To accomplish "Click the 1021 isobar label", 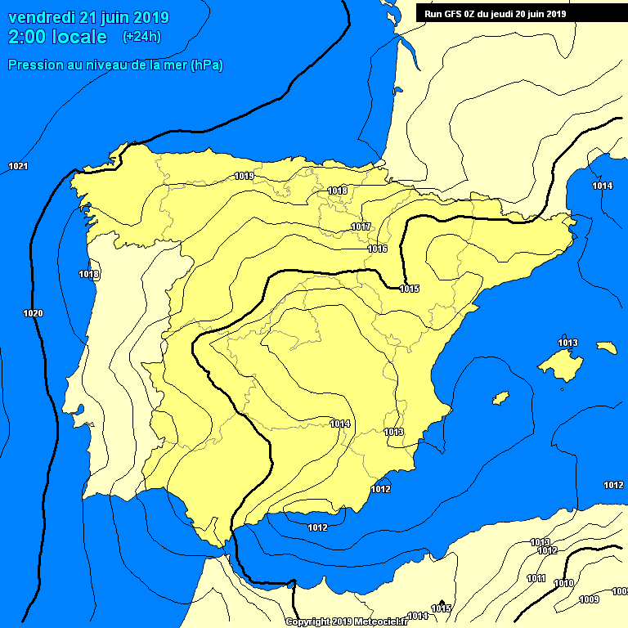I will [x=18, y=167].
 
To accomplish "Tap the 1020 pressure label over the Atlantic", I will [x=33, y=314].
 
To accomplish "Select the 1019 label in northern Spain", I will [x=244, y=176].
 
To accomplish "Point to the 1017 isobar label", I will [x=361, y=227].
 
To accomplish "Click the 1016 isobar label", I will [x=377, y=249].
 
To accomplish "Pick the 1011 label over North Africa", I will [x=536, y=578].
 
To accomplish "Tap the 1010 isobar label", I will [x=563, y=583].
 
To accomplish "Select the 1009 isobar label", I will [x=588, y=599].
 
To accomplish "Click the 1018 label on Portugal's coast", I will [x=89, y=274].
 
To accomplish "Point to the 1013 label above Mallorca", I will [x=567, y=343].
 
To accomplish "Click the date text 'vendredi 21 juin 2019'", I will [x=88, y=17].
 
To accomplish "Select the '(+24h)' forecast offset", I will [x=141, y=37].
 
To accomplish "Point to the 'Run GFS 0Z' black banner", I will [x=520, y=13].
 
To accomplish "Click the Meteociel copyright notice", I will [x=347, y=621].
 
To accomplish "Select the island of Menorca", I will [x=607, y=348].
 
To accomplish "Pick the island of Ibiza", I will [x=500, y=397].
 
